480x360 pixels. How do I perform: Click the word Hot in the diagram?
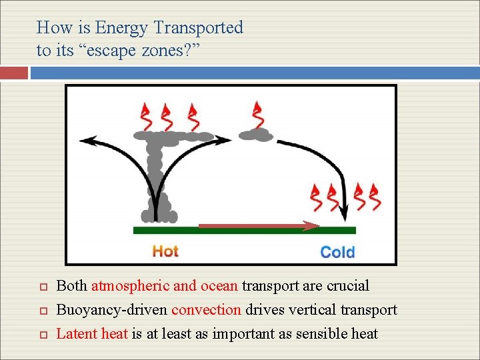point(165,251)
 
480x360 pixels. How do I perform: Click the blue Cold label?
point(337,252)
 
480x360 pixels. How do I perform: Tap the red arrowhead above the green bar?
point(312,225)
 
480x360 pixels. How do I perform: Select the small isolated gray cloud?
point(256,134)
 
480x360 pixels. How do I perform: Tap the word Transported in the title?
point(198,28)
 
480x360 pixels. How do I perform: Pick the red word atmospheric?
point(130,286)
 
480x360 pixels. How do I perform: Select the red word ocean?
point(218,286)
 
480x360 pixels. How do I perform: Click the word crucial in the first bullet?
point(347,286)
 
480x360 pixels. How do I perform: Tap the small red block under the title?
point(14,73)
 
